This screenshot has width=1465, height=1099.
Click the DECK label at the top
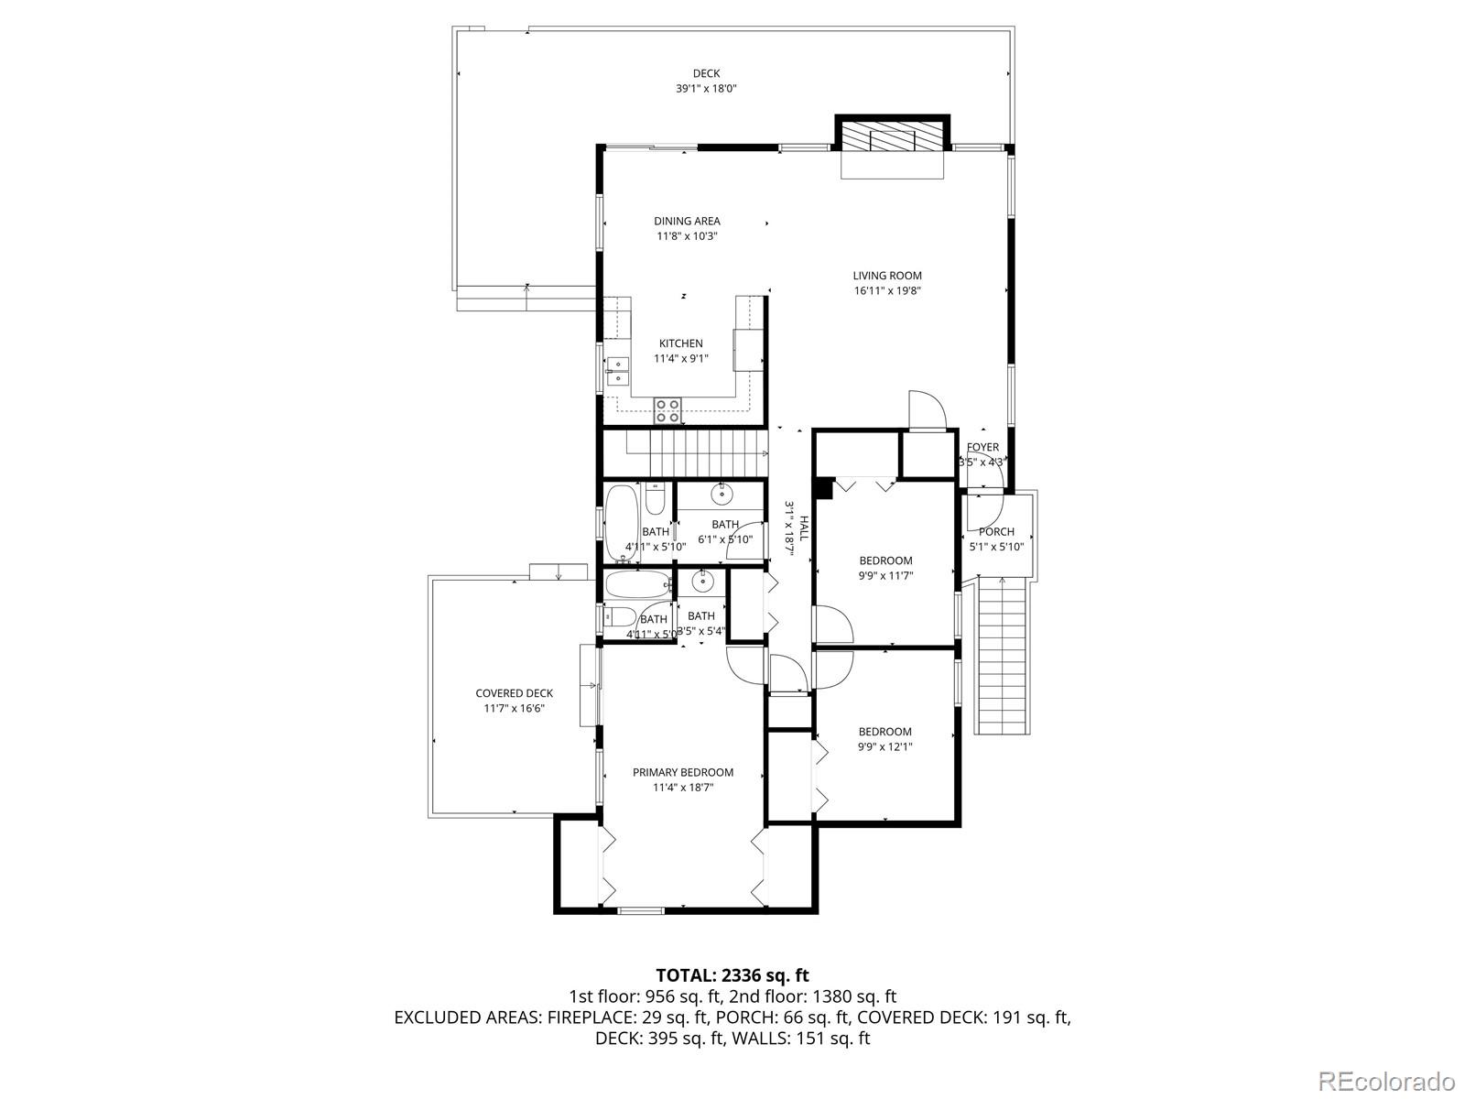click(x=706, y=73)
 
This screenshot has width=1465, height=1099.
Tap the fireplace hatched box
click(x=892, y=138)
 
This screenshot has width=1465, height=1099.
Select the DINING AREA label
click(x=687, y=221)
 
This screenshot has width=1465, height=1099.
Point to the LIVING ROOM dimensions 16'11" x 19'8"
click(x=887, y=291)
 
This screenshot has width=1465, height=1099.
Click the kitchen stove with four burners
click(x=667, y=410)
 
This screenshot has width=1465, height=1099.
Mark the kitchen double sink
click(x=617, y=371)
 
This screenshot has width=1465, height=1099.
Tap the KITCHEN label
click(x=681, y=343)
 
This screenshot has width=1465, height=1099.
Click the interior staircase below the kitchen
click(x=696, y=453)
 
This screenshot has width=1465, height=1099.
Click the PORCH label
click(x=996, y=531)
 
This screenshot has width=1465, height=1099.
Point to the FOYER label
click(x=982, y=447)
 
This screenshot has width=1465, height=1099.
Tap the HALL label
click(x=804, y=527)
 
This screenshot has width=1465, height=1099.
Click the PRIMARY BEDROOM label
click(x=683, y=772)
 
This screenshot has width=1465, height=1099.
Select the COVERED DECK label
click(x=514, y=693)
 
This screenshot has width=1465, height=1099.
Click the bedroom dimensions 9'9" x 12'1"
click(x=885, y=746)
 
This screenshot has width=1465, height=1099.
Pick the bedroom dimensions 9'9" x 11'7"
click(x=885, y=575)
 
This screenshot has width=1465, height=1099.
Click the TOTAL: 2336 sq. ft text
click(x=732, y=975)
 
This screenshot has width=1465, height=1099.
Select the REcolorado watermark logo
click(x=1386, y=1076)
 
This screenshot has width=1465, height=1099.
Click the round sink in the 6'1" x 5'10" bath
click(x=722, y=495)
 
